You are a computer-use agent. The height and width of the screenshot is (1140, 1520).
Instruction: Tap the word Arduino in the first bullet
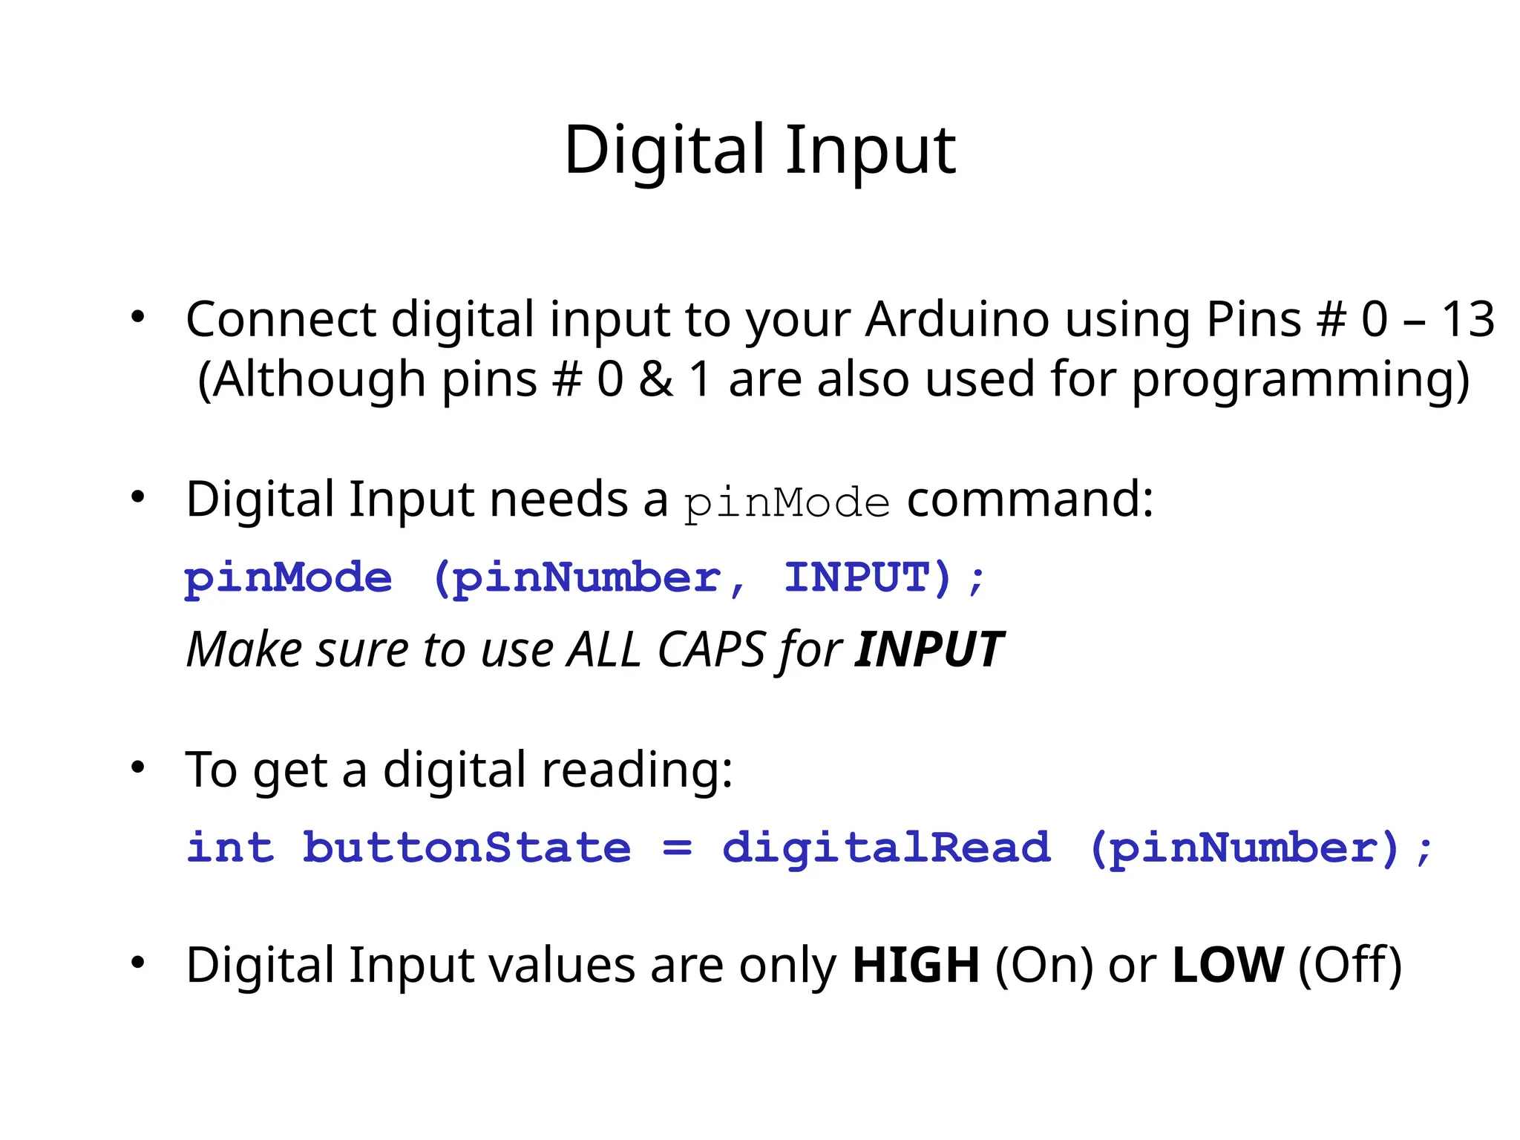[x=957, y=320]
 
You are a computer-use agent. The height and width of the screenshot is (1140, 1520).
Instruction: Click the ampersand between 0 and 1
[x=656, y=379]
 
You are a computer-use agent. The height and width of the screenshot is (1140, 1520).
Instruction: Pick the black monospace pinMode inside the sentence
[x=786, y=503]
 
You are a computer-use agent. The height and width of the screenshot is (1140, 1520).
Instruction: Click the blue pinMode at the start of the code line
[x=288, y=578]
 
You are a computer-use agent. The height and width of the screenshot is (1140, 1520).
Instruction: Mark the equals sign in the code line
[x=677, y=848]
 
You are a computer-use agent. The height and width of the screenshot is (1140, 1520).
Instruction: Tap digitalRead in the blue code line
[x=886, y=848]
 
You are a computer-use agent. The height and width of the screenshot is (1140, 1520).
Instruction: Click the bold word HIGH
[x=916, y=966]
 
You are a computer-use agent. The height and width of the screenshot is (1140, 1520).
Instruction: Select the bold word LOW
[x=1227, y=966]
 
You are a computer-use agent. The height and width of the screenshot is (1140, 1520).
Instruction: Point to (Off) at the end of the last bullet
[x=1350, y=966]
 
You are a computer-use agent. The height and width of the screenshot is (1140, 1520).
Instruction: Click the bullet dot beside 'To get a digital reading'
[x=137, y=767]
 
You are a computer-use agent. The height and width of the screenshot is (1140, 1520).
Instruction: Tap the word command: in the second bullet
[x=1030, y=499]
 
